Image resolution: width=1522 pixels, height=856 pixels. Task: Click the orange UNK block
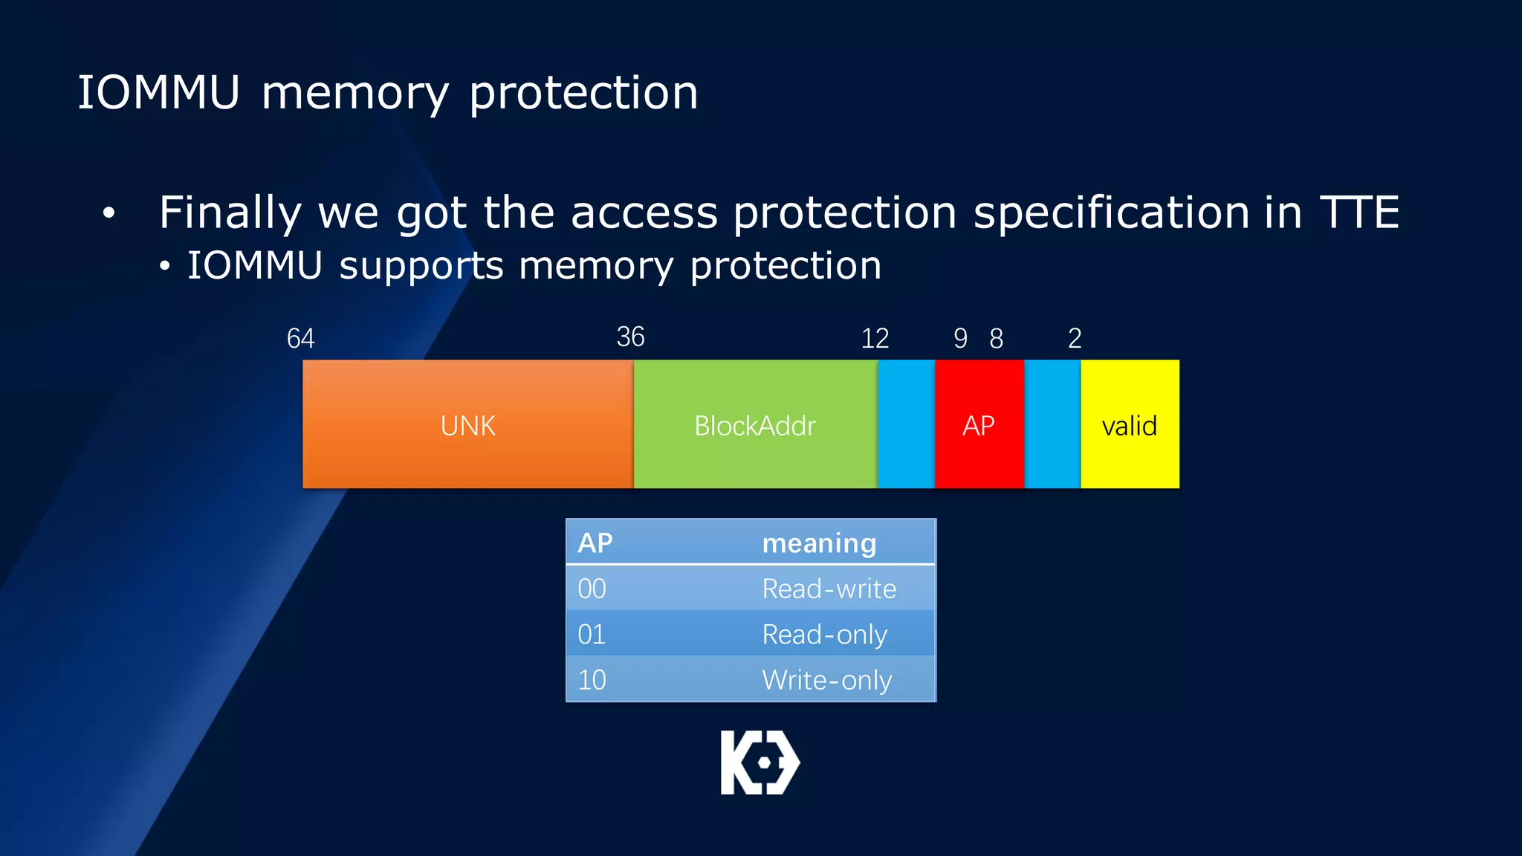467,424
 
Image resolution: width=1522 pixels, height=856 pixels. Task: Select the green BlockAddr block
755,424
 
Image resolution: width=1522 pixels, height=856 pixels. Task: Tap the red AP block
979,424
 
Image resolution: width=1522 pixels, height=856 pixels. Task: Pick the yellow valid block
1130,424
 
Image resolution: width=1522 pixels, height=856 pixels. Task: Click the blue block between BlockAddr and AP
906,424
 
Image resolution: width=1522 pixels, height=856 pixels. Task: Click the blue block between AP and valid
1052,424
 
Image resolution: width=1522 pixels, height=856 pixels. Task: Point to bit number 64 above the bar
300,339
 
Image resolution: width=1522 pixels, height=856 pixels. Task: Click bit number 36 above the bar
630,337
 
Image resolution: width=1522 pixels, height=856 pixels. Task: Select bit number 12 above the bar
875,339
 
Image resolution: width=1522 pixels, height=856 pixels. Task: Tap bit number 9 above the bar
960,339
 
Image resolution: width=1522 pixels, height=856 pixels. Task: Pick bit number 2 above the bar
1075,339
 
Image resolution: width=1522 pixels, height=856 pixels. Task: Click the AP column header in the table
595,543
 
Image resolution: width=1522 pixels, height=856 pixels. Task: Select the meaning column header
819,543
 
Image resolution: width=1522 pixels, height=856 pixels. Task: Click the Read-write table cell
829,589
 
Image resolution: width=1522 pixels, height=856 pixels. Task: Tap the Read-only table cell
824,635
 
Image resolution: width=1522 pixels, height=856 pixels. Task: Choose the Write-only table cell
826,680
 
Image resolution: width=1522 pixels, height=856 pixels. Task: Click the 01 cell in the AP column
592,635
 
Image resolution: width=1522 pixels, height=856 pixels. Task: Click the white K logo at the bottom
760,762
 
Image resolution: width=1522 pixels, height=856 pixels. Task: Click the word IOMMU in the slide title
159,93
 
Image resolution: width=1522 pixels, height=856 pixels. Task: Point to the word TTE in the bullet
1359,213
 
